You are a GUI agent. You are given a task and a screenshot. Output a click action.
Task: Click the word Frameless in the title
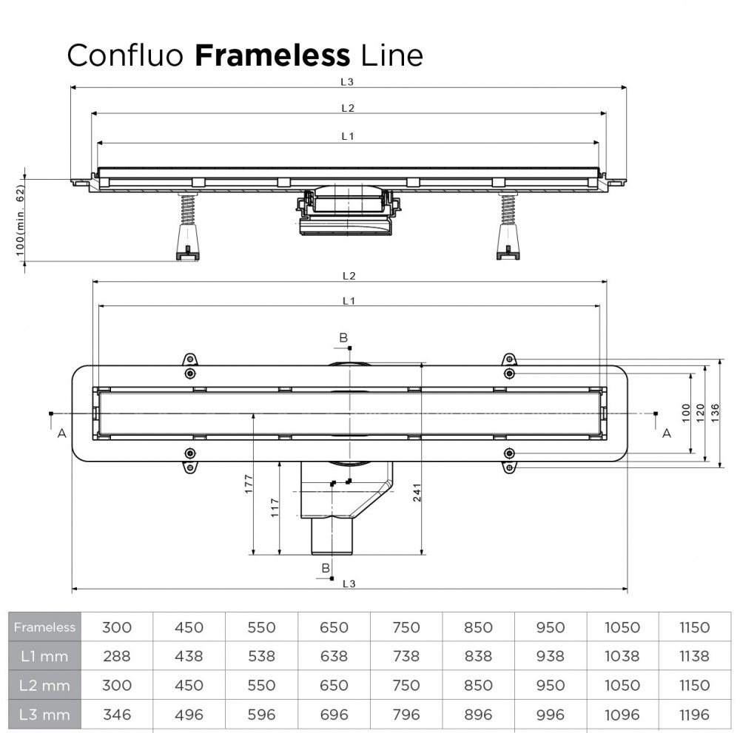coord(272,55)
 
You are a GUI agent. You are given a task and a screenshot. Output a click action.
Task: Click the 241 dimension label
coord(418,497)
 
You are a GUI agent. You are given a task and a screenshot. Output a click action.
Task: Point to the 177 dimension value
coord(249,483)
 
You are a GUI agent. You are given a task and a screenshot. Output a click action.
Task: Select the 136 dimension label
coord(715,413)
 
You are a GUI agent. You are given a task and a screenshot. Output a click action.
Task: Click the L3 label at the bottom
coord(349,584)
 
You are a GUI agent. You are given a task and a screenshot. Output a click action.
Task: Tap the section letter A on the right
coord(666,433)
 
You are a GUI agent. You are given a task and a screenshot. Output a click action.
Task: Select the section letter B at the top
coord(343,338)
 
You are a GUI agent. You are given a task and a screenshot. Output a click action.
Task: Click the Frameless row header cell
coord(44,627)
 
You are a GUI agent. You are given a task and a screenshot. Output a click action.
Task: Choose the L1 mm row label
coord(44,656)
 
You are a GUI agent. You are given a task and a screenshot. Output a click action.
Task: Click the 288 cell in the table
coord(116,656)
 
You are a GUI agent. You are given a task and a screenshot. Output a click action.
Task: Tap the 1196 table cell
coord(694,715)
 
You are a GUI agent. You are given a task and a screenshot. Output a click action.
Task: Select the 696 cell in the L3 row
coord(333,715)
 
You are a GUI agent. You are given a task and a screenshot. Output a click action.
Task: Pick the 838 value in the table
coord(477,656)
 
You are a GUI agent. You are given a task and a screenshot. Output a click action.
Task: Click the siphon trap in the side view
coord(347,212)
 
